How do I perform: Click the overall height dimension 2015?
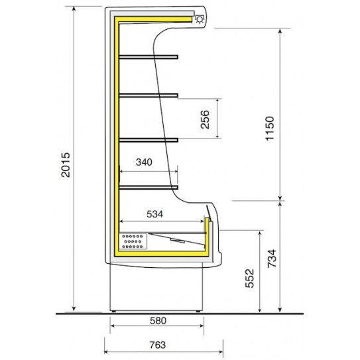click(65, 164)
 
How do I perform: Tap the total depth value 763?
click(156, 345)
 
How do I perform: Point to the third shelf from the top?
click(149, 138)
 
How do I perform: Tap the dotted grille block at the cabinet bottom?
click(133, 242)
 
